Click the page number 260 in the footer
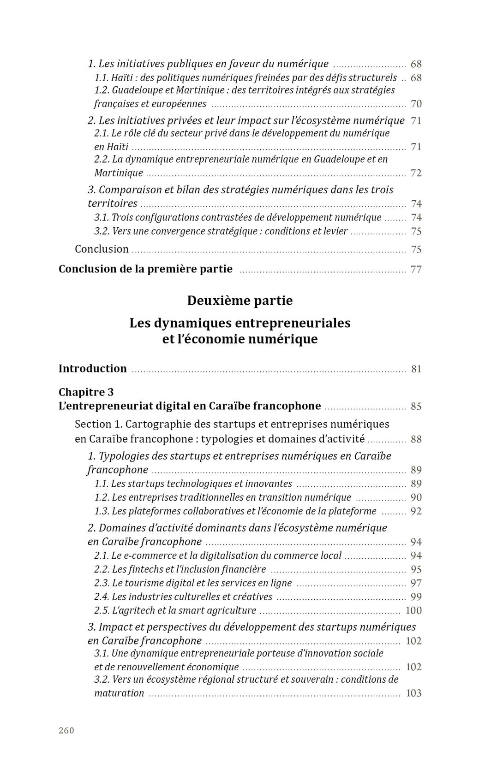point(66,730)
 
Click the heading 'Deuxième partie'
point(240,301)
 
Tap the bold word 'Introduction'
point(92,368)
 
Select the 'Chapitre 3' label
point(86,392)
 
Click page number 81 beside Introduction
point(416,369)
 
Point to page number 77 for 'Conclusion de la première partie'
point(416,269)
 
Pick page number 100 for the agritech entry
point(413,611)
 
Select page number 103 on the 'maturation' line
point(413,693)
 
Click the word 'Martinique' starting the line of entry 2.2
point(119,173)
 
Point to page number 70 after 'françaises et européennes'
point(416,104)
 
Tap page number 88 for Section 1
point(416,439)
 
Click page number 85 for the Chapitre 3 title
point(416,407)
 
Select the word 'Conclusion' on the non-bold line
point(102,249)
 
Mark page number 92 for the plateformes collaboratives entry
point(416,511)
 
